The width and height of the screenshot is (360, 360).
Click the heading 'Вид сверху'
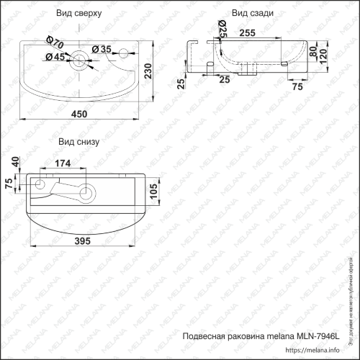(78, 14)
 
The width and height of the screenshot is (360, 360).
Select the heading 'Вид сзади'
(251, 14)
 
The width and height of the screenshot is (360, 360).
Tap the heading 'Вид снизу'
(78, 142)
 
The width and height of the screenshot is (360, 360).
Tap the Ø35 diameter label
(105, 50)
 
